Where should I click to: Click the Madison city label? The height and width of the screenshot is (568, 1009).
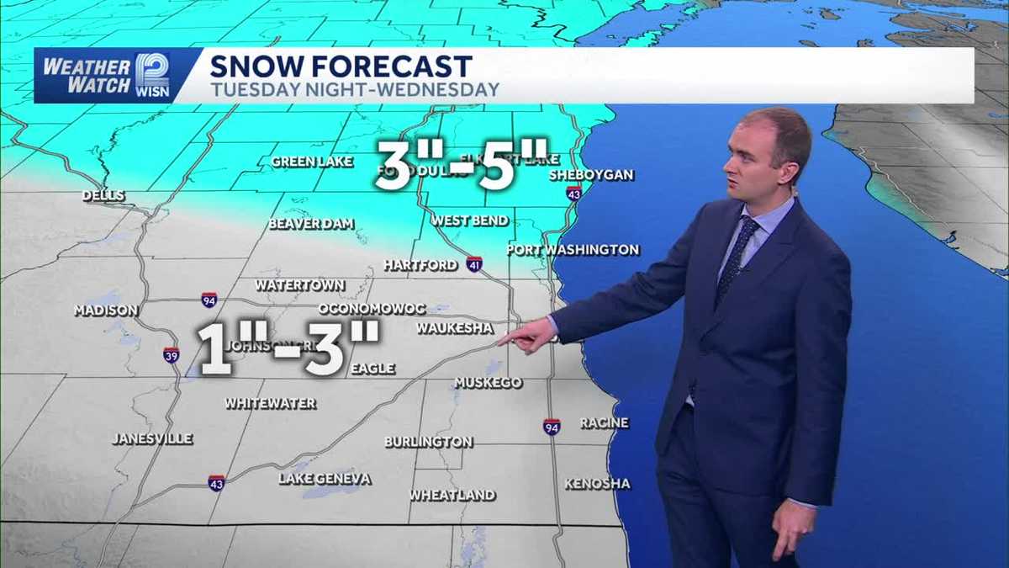(x=106, y=311)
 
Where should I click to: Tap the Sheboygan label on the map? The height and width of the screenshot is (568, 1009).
(x=591, y=175)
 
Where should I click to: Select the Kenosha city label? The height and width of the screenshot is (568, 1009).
(x=597, y=484)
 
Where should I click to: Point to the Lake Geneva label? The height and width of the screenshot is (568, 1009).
(x=325, y=479)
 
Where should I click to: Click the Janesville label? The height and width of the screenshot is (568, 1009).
(x=153, y=438)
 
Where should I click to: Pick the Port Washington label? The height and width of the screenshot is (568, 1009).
(x=573, y=250)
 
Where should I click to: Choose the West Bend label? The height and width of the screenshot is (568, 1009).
(x=470, y=220)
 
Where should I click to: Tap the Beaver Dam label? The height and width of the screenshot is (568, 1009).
(x=311, y=224)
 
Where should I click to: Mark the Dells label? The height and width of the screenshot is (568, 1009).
(x=103, y=196)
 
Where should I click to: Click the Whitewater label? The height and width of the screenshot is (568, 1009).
(x=271, y=404)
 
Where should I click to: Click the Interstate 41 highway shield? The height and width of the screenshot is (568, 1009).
(x=474, y=264)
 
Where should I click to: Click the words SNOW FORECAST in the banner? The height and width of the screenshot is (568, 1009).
(x=341, y=66)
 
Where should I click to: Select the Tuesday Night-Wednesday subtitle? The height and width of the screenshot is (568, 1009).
(x=354, y=89)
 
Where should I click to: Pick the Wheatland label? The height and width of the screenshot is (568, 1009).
(x=452, y=496)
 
